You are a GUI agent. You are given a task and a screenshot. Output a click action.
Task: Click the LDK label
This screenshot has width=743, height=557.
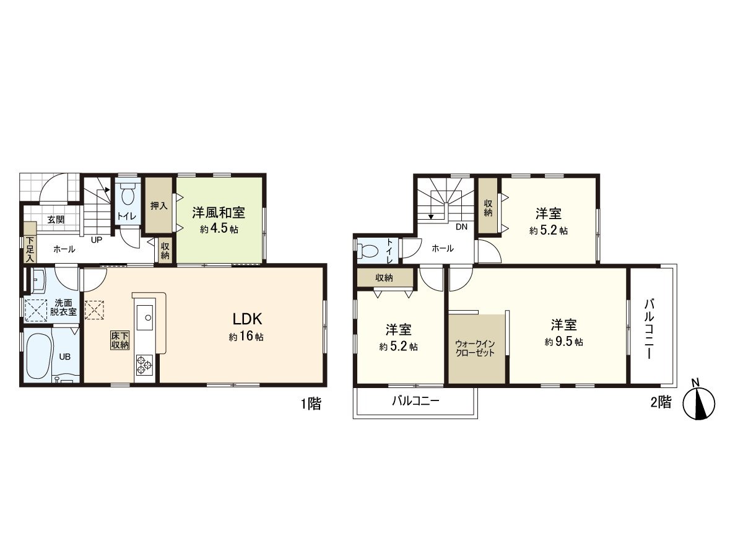[x=247, y=319]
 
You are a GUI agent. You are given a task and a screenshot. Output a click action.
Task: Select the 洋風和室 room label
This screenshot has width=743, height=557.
[x=219, y=212]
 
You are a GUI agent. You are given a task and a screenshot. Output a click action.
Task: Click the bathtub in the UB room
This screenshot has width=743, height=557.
[x=39, y=356]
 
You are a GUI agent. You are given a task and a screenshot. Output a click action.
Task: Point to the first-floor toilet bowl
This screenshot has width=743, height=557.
[x=128, y=194]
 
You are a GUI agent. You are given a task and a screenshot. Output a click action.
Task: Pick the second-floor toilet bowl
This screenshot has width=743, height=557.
[x=368, y=251]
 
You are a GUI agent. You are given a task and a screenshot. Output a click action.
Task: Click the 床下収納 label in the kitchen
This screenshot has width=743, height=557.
[x=120, y=340]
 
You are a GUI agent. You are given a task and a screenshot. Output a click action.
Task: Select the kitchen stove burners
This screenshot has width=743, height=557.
[x=144, y=365]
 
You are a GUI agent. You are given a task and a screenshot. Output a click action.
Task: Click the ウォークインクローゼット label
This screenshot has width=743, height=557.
[x=475, y=348]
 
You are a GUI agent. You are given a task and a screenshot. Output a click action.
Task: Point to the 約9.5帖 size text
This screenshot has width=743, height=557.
[x=563, y=342]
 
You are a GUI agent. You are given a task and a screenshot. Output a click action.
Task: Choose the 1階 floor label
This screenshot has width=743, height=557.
[x=311, y=403]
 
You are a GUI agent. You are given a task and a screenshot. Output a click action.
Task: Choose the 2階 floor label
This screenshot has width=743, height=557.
[x=661, y=402]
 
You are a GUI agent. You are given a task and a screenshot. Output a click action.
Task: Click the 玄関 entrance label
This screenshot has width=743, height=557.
[x=56, y=220]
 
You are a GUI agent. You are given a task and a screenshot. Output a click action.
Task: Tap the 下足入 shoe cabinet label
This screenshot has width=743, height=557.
[x=30, y=250]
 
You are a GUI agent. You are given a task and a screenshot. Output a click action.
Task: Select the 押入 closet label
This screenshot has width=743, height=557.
[x=159, y=205]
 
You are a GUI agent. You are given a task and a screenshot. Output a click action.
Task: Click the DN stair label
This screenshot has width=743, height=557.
[x=461, y=227]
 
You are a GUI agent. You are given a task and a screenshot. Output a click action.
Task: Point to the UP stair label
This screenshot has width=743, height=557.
[x=97, y=240]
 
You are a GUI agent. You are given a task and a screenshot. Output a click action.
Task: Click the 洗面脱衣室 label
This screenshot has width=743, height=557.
[x=63, y=308]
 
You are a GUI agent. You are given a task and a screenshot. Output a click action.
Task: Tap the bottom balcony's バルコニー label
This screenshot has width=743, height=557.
[x=415, y=402]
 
